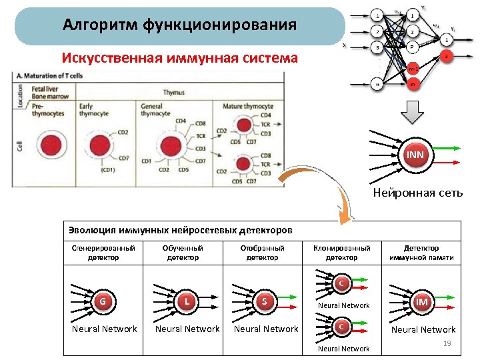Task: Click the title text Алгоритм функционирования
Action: (x=179, y=26)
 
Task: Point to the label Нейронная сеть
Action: (x=417, y=193)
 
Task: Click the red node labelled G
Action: (x=103, y=301)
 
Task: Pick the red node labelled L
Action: (x=187, y=301)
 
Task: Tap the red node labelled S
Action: (x=265, y=301)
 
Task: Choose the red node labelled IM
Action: (x=421, y=302)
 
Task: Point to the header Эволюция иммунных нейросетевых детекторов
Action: (x=181, y=230)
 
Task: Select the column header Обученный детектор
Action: (x=183, y=252)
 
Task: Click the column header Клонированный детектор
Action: (x=341, y=252)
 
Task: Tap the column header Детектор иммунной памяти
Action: (x=421, y=252)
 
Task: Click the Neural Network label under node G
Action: (x=105, y=329)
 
